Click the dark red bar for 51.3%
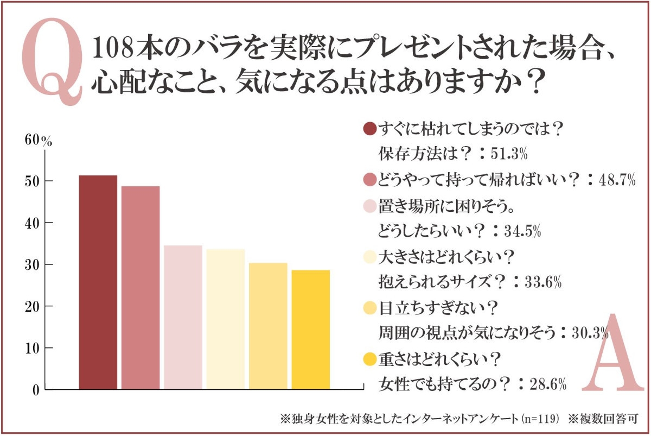click(x=98, y=282)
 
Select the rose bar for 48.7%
click(x=141, y=288)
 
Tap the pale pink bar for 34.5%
click(x=183, y=318)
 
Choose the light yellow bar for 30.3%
click(x=268, y=326)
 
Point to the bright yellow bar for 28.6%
click(x=310, y=330)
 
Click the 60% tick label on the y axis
click(x=38, y=140)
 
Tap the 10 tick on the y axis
click(x=32, y=348)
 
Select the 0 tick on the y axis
click(x=36, y=390)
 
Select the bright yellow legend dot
click(x=369, y=359)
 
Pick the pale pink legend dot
click(x=369, y=206)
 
